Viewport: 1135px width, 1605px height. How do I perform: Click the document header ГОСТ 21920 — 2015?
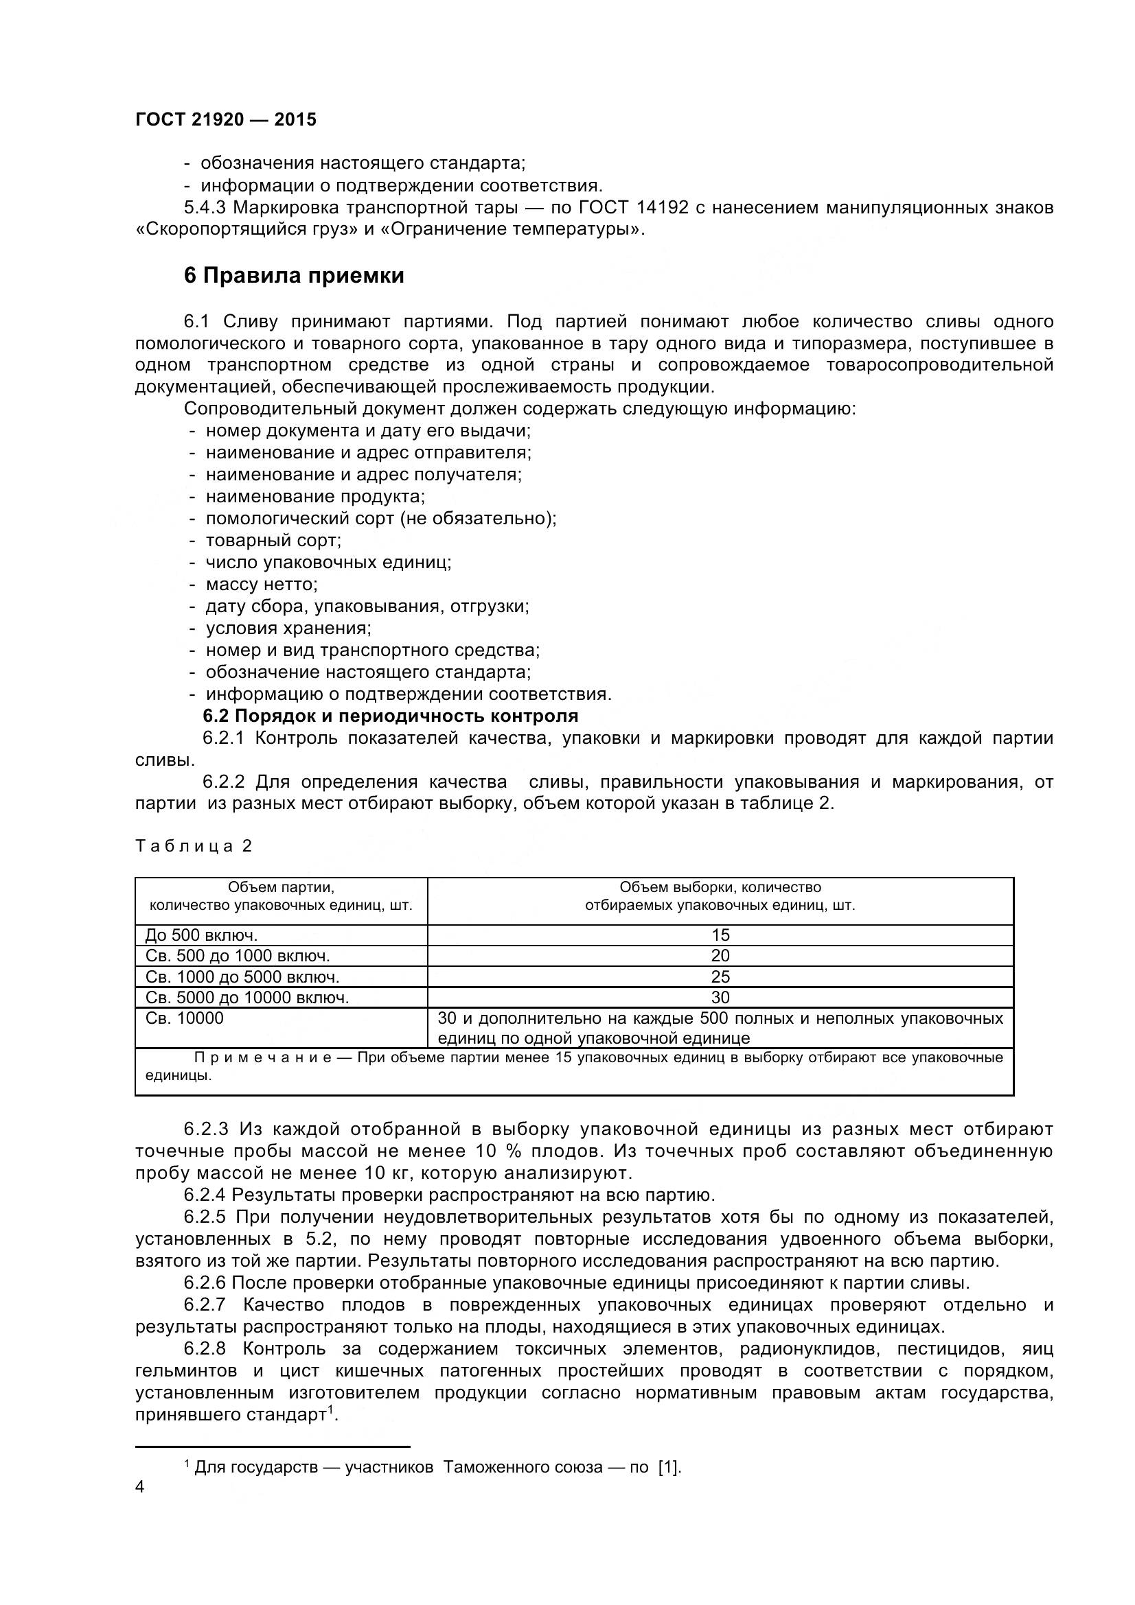(225, 120)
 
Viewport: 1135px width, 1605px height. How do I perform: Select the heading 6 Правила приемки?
(294, 276)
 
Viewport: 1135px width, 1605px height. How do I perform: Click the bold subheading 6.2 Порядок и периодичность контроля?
(390, 716)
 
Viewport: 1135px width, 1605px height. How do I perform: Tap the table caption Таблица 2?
(193, 846)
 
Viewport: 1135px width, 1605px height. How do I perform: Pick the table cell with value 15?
(720, 935)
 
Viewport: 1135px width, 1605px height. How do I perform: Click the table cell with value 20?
(720, 956)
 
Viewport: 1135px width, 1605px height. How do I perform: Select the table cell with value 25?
(720, 976)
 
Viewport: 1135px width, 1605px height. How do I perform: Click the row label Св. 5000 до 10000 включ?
(247, 998)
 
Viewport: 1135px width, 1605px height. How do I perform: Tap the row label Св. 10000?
(185, 1018)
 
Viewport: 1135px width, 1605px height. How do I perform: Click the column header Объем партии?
(281, 888)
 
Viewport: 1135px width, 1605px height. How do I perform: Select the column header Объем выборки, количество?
(720, 888)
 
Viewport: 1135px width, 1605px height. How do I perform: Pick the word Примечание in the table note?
(262, 1057)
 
